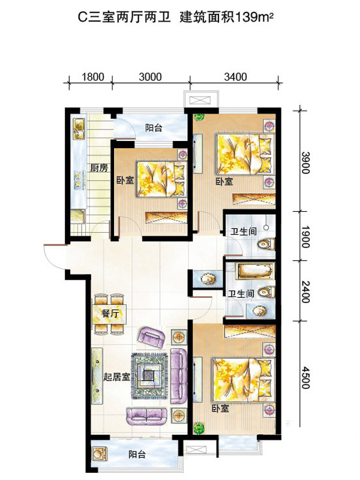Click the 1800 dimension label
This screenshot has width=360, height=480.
click(92, 77)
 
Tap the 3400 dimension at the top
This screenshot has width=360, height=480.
click(235, 77)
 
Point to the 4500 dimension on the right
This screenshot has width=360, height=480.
click(305, 377)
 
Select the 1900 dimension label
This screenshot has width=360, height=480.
click(305, 236)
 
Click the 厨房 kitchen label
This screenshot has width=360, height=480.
click(99, 168)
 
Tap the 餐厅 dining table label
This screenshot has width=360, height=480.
click(110, 313)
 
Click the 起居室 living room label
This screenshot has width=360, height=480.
click(116, 377)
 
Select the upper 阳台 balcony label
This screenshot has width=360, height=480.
click(154, 128)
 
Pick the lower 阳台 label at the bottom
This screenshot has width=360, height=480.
click(137, 455)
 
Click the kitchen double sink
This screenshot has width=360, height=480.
click(79, 129)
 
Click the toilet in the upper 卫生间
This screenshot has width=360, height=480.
click(266, 244)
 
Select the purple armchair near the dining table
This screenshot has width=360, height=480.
click(152, 337)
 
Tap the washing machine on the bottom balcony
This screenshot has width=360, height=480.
click(99, 454)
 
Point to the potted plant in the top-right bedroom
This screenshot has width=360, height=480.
click(199, 118)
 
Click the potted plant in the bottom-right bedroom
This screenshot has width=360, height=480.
click(199, 428)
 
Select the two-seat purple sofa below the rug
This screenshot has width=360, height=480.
click(146, 416)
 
